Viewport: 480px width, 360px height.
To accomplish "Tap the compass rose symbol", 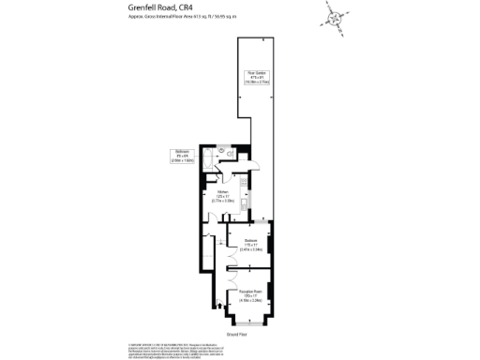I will (335, 15).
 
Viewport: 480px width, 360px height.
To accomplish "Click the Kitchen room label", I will (223, 197).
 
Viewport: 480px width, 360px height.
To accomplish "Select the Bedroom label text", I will (250, 246).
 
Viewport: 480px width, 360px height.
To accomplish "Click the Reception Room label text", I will (249, 298).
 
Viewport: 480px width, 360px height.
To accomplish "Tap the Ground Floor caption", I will (237, 334).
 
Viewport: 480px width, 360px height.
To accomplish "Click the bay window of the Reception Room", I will (249, 320).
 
